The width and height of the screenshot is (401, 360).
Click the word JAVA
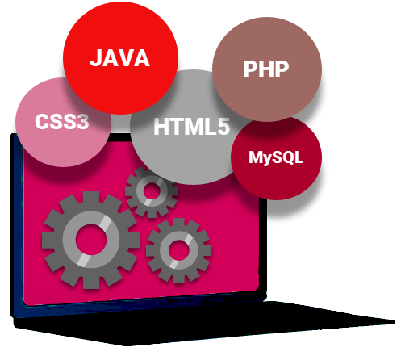click(119, 58)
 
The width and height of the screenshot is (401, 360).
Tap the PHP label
click(266, 69)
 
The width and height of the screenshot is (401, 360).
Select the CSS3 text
click(62, 121)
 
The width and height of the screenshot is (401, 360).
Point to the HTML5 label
click(192, 127)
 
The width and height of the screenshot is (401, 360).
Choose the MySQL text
click(276, 157)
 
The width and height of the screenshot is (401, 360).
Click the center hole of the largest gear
click(91, 240)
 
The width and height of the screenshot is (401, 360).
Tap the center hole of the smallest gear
click(152, 191)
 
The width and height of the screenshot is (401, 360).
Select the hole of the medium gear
click(178, 250)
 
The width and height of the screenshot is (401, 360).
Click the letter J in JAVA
click(96, 58)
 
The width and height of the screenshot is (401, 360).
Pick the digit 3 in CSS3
click(82, 122)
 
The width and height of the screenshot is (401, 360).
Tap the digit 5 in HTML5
click(223, 127)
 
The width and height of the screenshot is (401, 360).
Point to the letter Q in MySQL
click(290, 157)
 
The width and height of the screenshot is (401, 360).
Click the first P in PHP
click(250, 69)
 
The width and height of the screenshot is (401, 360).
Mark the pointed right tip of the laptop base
click(395, 321)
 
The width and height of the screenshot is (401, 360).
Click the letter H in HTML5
click(161, 127)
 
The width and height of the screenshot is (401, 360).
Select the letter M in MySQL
click(256, 157)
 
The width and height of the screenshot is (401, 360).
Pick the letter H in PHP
click(266, 69)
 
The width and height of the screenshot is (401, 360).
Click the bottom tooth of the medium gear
click(179, 278)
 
